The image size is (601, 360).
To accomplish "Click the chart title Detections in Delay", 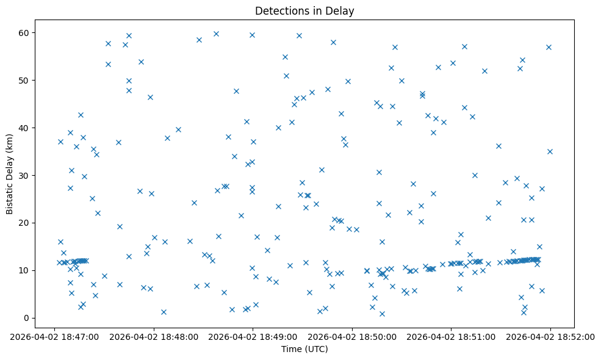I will point(304,11).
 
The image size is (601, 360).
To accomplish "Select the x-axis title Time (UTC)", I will point(304,349).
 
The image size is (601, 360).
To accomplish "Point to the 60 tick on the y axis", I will point(24,32).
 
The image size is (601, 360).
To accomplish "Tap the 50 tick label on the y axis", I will point(24,80).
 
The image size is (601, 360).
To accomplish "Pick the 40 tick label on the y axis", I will point(24,128).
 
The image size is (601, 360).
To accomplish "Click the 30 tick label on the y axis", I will point(24,175).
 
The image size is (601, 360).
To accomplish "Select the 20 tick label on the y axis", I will point(24,223).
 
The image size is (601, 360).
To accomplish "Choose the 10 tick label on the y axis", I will point(24,270).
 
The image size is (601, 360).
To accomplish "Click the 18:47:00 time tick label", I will point(56,336).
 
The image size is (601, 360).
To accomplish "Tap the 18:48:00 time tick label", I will point(154,336).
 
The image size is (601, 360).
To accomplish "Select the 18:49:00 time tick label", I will point(253,336).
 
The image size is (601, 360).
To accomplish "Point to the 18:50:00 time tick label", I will point(352,336).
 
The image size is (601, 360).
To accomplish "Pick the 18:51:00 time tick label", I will point(451,336).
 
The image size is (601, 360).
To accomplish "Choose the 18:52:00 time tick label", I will point(550,336).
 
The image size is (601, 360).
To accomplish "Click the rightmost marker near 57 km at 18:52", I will point(549,47).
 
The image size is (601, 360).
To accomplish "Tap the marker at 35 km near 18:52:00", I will point(550,151).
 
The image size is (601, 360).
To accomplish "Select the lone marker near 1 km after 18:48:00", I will point(164,312).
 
